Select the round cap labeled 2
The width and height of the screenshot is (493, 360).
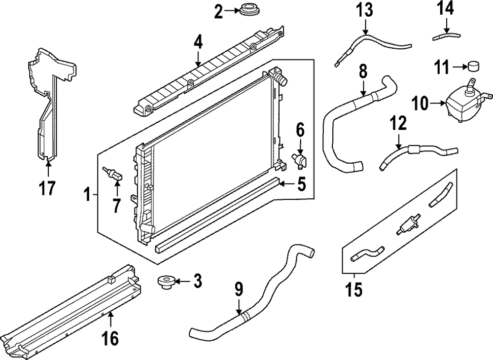click(x=243, y=9)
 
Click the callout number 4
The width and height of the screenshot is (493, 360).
click(x=198, y=42)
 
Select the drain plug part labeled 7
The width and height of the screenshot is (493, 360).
click(x=112, y=174)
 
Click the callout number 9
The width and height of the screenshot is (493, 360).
click(x=239, y=290)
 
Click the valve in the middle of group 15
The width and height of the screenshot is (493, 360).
click(x=407, y=225)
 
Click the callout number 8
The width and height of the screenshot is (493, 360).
click(x=363, y=72)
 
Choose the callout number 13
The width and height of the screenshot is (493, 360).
click(x=365, y=10)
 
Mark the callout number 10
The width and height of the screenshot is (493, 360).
click(x=421, y=104)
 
